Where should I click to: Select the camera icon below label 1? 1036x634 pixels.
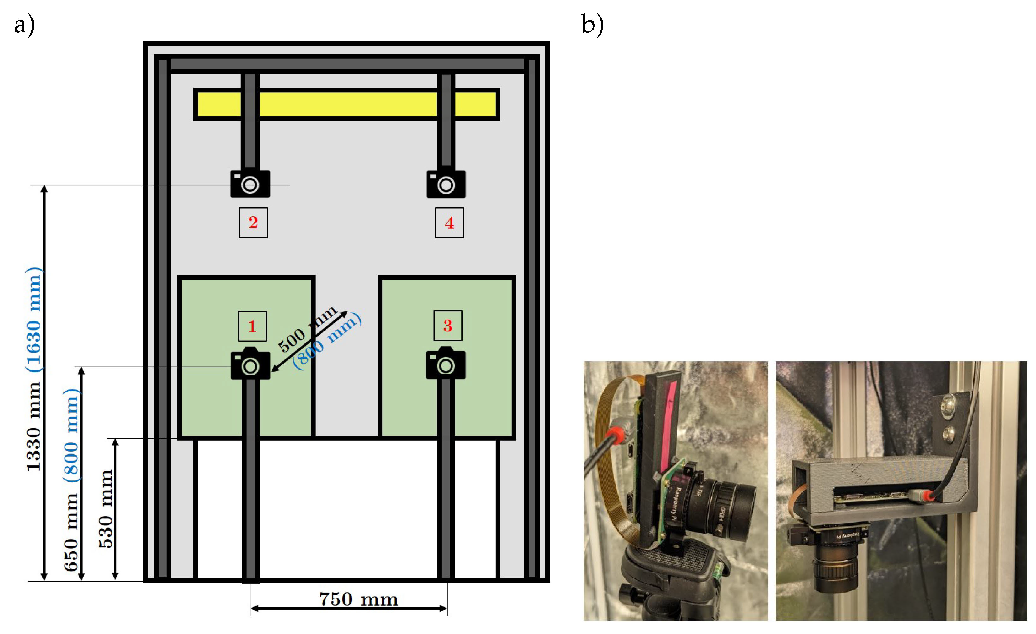[250, 364]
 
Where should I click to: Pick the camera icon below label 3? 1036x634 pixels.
[446, 364]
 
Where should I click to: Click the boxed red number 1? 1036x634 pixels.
[252, 326]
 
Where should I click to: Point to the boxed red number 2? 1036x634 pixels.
[253, 222]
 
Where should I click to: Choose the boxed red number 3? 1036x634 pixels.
[448, 326]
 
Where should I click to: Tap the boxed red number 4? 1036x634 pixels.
[449, 223]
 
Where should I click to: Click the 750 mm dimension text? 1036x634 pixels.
[358, 600]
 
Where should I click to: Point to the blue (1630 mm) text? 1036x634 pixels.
[34, 320]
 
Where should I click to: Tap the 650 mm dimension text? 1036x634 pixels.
[71, 532]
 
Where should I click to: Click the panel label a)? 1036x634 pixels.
[24, 25]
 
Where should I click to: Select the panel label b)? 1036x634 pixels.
[593, 24]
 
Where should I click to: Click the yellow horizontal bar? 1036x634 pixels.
[347, 104]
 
